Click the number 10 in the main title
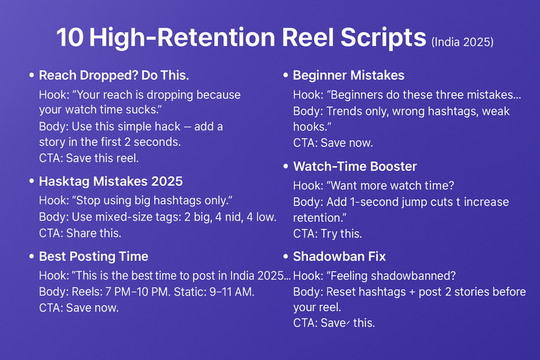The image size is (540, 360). pos(70,37)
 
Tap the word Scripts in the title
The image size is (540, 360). pos(383,38)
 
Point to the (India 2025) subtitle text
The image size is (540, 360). pos(462,42)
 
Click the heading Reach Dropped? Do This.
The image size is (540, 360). pos(114,75)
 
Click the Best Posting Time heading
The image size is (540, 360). pos(94,256)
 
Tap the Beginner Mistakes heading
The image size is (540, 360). pos(349,75)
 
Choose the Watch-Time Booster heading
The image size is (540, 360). pos(355,167)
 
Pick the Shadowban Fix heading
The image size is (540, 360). pos(339,256)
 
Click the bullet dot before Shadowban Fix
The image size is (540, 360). pos(285,256)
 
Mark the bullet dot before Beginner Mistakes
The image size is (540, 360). pos(285,75)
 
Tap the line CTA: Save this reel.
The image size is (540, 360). pos(89,158)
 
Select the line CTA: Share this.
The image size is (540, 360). pos(80,233)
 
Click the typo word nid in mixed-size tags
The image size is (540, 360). pos(234,217)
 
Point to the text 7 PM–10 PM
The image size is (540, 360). pos(138,292)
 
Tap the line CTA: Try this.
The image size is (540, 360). pos(327,233)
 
